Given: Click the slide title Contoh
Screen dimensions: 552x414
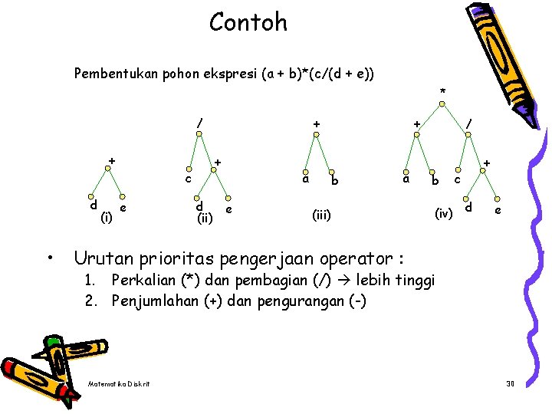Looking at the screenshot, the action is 248,22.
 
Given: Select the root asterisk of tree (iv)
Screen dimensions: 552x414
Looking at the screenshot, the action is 442,93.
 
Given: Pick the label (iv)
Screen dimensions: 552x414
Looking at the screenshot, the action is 444,212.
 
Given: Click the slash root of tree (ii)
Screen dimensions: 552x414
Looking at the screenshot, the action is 199,123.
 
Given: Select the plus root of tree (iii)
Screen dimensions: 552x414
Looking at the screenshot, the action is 315,123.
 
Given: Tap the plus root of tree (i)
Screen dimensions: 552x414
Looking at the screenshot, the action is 112,160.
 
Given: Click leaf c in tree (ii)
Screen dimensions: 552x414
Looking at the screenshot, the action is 187,180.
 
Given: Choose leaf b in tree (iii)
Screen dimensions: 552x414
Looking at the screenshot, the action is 334,182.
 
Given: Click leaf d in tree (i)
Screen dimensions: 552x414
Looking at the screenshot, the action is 93,205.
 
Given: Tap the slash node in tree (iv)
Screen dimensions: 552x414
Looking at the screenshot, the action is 470,123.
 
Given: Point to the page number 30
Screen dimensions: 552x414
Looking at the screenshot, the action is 510,383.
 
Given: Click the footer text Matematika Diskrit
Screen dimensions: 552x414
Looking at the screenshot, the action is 119,383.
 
